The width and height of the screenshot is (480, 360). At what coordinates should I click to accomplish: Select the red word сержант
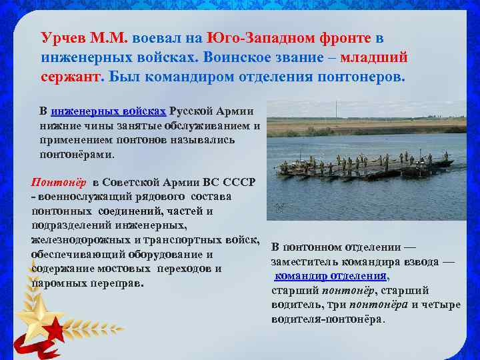(x=69, y=76)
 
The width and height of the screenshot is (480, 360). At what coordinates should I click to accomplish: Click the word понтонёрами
(x=77, y=154)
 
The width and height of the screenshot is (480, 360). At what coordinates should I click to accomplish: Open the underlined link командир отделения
(x=331, y=275)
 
